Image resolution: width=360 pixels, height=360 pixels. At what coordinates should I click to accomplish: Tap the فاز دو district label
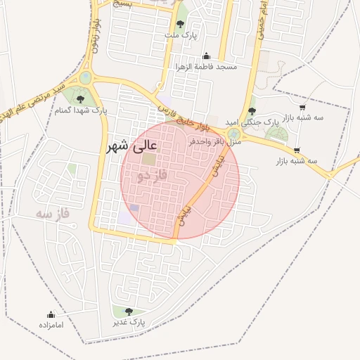[152, 174]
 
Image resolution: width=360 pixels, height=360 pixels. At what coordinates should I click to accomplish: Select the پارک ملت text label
[181, 34]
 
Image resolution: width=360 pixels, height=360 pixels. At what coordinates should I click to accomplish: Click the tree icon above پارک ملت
[181, 24]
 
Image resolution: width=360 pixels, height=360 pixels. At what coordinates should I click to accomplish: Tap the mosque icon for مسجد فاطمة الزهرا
[206, 56]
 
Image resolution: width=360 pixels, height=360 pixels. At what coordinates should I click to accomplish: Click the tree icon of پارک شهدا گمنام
[79, 99]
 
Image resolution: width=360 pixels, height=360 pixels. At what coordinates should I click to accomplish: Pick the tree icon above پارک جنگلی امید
[252, 111]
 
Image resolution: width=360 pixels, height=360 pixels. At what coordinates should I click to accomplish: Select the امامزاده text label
[51, 325]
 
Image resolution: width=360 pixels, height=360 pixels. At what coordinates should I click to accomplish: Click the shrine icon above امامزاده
[51, 314]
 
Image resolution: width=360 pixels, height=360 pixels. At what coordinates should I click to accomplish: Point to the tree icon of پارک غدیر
[127, 311]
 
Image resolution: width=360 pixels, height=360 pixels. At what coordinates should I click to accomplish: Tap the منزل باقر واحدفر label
[215, 141]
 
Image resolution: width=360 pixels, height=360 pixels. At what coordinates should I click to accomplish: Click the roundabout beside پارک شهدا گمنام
[86, 77]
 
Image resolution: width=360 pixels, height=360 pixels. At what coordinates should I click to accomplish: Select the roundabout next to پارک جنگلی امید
[234, 132]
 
